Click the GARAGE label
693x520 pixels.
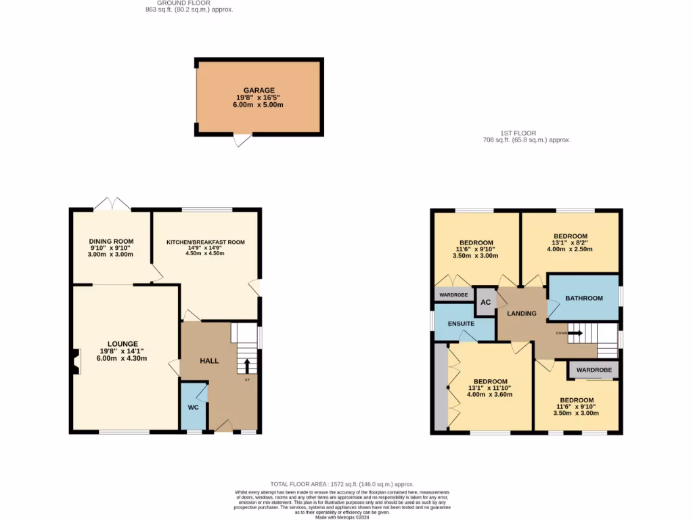259,90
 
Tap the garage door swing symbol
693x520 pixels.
242,140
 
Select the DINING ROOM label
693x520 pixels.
111,241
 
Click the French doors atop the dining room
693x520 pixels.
112,204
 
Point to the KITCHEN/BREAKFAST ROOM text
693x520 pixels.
206,242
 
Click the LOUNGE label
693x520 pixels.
122,343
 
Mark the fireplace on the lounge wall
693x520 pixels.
76,360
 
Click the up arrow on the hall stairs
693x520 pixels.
246,366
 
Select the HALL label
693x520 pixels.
209,361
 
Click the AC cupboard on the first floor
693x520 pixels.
485,303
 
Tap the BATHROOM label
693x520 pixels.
583,298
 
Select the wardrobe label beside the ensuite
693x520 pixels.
453,295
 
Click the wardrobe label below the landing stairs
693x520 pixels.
594,370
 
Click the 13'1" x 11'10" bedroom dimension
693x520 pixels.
490,387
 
